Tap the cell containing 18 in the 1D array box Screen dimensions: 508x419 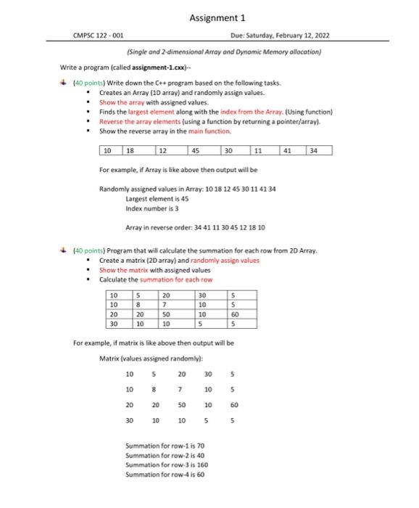tap(130, 151)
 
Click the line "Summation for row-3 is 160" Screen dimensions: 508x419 tap(167, 464)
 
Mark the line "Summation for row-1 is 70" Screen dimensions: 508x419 tap(165, 445)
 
